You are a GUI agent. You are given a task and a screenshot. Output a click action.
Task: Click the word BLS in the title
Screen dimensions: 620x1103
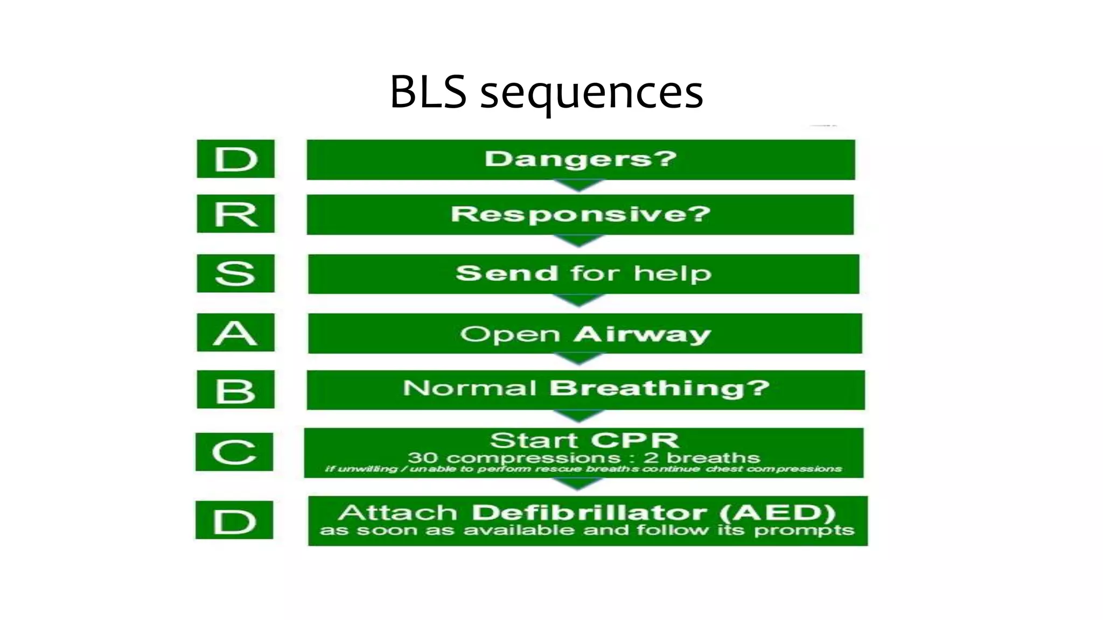(x=428, y=92)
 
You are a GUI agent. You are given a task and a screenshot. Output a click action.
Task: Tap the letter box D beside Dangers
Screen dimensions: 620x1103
(x=235, y=159)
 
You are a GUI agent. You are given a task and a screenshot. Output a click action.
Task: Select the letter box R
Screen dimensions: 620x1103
(x=235, y=214)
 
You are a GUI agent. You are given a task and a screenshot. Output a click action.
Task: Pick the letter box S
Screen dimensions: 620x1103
(x=235, y=273)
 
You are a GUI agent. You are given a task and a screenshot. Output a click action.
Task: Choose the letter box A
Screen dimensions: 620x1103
(x=235, y=333)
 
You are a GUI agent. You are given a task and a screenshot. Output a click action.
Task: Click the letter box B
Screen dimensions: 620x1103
(x=235, y=390)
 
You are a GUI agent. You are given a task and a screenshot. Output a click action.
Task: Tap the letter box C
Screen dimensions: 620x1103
(x=234, y=452)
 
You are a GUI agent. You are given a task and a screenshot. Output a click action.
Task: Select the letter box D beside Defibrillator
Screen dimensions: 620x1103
(x=234, y=520)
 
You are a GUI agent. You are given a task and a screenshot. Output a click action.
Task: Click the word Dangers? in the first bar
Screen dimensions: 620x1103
(x=580, y=159)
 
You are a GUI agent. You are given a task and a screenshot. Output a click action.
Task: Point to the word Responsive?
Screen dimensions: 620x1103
(x=580, y=214)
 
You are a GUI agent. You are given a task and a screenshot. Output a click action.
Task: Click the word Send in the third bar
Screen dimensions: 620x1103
(x=507, y=273)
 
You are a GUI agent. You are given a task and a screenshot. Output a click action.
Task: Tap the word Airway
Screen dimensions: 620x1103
(x=642, y=334)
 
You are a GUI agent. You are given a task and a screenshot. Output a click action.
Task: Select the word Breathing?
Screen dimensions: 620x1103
(x=659, y=388)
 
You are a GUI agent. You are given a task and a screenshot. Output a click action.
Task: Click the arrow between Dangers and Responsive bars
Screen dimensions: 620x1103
(x=579, y=186)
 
